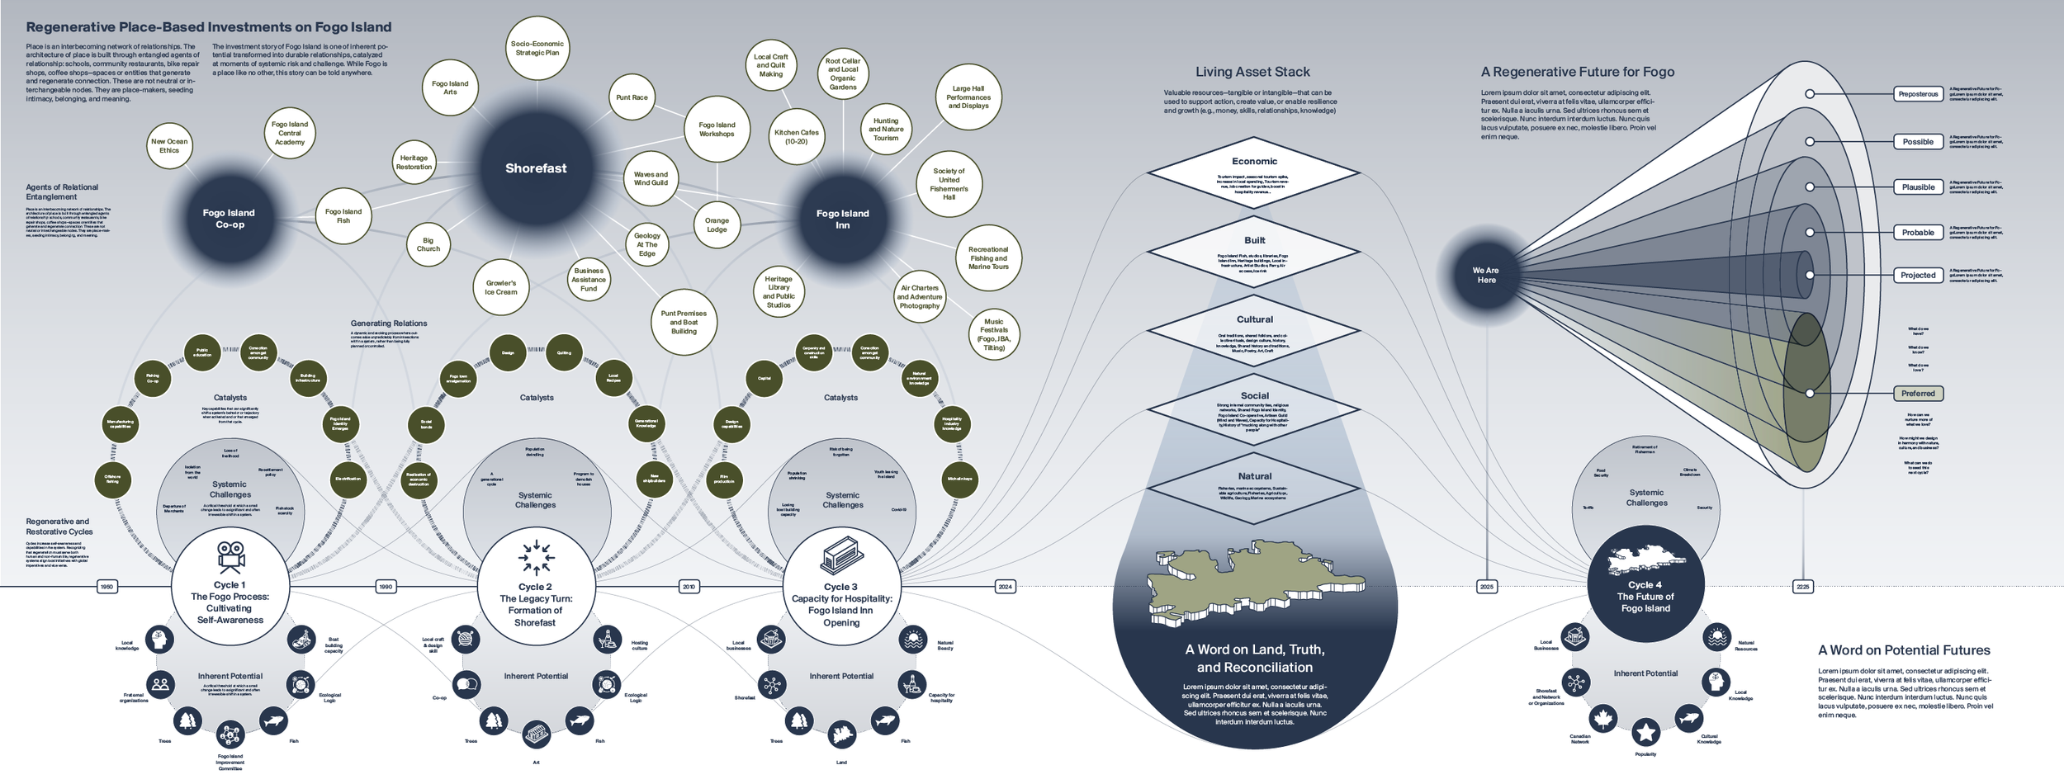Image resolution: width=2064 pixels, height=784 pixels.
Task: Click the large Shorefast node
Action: point(536,168)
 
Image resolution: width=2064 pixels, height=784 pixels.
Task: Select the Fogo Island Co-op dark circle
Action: point(229,218)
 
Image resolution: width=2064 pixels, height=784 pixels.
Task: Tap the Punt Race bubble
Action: point(632,97)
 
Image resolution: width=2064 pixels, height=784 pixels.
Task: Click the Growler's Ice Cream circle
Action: point(501,287)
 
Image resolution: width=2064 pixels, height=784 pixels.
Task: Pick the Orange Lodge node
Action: point(717,224)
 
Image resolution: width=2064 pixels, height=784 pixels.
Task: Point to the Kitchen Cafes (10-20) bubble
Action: point(796,137)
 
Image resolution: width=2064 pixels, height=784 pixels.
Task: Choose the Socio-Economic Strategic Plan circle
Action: point(537,48)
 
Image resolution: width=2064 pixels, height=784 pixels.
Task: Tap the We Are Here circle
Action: point(1486,275)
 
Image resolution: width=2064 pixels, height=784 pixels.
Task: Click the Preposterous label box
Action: point(1917,94)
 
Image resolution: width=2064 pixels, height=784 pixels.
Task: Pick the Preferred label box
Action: point(1917,394)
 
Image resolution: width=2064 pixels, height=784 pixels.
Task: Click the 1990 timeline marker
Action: point(386,587)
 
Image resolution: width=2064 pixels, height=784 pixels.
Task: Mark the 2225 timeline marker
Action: point(1802,587)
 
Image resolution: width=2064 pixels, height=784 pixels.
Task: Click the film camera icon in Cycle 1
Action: point(230,557)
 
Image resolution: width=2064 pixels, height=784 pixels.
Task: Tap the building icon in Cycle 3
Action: point(841,555)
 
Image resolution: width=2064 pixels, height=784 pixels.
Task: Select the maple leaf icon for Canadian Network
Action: point(1602,718)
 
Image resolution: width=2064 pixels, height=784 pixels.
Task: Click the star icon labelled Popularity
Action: point(1645,731)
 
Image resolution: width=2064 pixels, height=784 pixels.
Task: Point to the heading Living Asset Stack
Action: point(1252,72)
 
